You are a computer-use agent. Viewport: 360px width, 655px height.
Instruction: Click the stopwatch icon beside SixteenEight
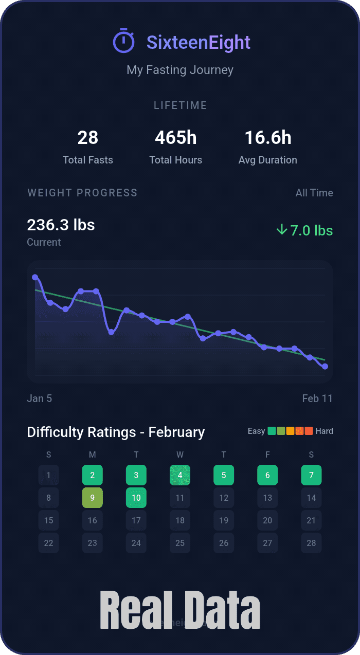[123, 41]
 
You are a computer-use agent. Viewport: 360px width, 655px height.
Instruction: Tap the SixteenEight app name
[199, 43]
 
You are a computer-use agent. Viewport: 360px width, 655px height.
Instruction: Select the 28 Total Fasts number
[88, 138]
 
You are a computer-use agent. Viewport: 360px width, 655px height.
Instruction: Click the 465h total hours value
[176, 138]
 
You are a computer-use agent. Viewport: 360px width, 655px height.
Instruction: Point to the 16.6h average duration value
[267, 138]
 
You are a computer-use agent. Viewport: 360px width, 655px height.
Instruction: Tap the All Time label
[314, 193]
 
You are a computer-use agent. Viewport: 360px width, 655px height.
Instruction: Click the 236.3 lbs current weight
[61, 225]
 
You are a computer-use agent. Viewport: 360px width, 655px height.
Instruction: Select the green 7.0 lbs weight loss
[304, 230]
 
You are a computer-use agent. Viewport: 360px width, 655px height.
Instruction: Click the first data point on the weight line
[35, 277]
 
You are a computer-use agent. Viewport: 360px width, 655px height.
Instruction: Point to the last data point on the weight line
[325, 367]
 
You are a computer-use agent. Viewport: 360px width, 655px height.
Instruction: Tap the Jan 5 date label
[40, 398]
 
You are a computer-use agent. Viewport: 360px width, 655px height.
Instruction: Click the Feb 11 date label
[317, 398]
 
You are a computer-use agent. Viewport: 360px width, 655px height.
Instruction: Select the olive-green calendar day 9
[93, 498]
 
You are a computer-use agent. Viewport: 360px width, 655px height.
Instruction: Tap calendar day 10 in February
[136, 498]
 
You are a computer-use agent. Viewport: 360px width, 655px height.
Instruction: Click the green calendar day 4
[180, 475]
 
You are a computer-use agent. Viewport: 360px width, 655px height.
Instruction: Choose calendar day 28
[311, 543]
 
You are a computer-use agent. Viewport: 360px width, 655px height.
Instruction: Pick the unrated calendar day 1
[48, 475]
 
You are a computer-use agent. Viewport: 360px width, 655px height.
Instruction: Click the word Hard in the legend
[325, 431]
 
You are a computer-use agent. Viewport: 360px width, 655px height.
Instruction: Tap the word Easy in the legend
[256, 431]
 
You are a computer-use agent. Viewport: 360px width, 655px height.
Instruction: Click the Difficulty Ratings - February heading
[116, 432]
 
